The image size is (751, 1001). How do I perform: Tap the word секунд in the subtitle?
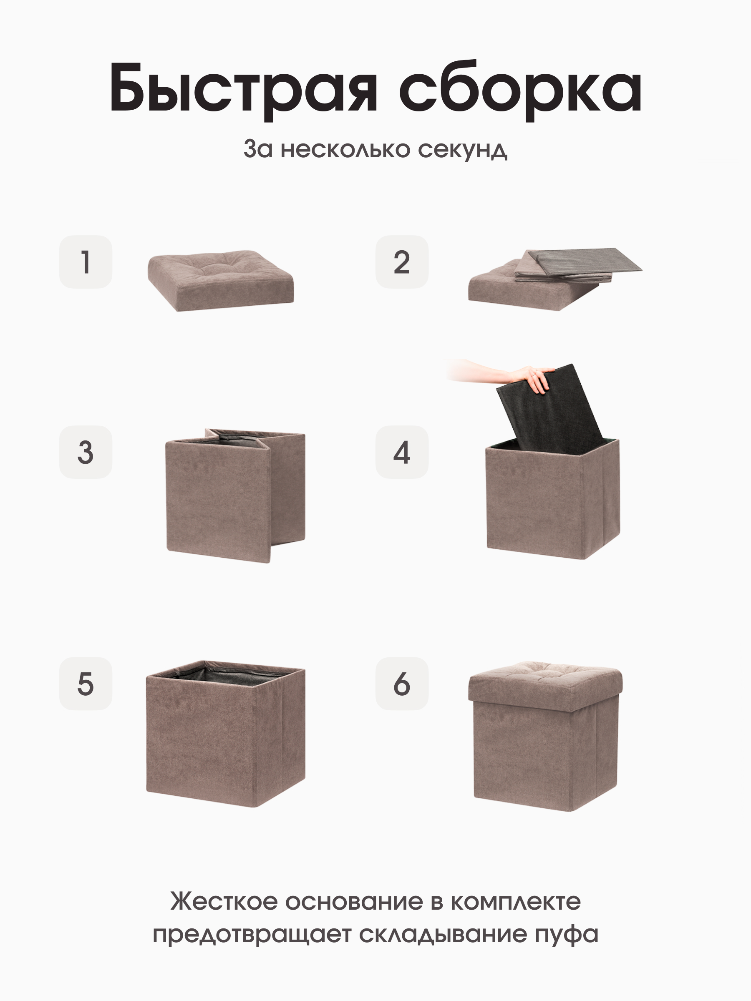pyautogui.click(x=462, y=149)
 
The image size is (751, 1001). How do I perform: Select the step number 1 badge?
pyautogui.click(x=86, y=262)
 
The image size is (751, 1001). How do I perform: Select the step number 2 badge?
pyautogui.click(x=401, y=262)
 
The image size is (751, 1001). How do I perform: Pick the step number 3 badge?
pyautogui.click(x=86, y=452)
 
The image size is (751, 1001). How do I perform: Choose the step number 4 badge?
pyautogui.click(x=401, y=452)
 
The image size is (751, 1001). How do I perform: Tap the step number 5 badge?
pyautogui.click(x=86, y=683)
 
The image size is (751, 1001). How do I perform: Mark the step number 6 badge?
pyautogui.click(x=401, y=683)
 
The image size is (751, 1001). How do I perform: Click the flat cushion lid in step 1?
pyautogui.click(x=221, y=281)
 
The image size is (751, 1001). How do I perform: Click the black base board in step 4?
pyautogui.click(x=550, y=410)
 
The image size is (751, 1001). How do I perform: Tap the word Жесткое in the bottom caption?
pyautogui.click(x=224, y=901)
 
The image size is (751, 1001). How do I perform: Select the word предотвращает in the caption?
pyautogui.click(x=252, y=934)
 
